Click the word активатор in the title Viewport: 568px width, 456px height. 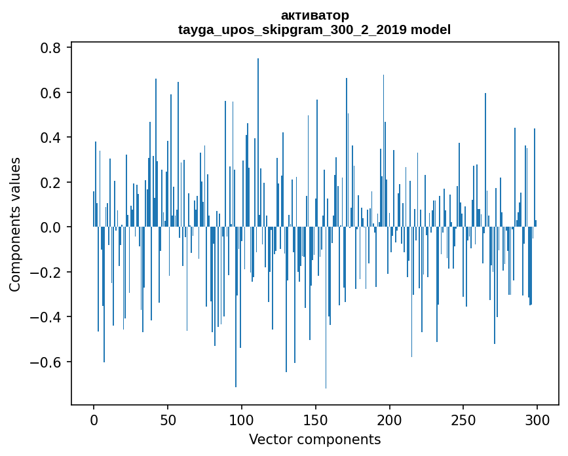[314, 15]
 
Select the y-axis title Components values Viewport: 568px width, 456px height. [15, 224]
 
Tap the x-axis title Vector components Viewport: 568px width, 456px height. [314, 439]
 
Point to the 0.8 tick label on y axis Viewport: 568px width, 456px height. [50, 48]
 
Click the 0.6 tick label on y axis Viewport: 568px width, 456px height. [50, 93]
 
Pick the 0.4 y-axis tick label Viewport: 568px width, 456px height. [50, 138]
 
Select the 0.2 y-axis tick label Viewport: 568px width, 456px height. [50, 183]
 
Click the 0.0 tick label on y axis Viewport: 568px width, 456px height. [50, 227]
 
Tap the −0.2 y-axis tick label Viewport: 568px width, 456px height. [47, 273]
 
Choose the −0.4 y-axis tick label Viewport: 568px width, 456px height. [47, 317]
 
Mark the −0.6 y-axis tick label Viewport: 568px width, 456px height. [47, 362]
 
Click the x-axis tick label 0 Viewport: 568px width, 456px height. [94, 419]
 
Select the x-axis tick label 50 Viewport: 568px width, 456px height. [168, 419]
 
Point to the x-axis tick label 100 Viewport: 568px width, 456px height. [242, 419]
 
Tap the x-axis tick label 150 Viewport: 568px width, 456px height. [316, 419]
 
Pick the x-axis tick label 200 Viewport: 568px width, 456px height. [390, 419]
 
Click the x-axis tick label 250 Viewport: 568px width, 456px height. [463, 419]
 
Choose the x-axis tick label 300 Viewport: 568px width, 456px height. [537, 419]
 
